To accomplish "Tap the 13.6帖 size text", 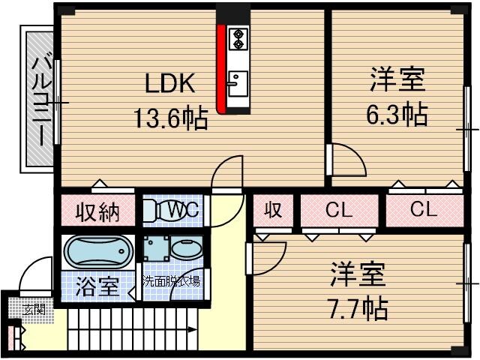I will click(x=170, y=118).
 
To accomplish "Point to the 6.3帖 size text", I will click(x=396, y=113).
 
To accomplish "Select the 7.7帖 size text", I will click(x=357, y=307).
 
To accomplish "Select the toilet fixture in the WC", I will click(x=154, y=211).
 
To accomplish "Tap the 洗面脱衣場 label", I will click(x=172, y=282).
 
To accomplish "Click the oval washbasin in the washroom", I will click(x=183, y=249).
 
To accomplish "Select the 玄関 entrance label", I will click(x=32, y=309).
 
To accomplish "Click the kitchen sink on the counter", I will click(x=238, y=80).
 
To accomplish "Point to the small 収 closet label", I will click(x=273, y=211).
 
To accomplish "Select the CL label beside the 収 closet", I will click(x=338, y=211).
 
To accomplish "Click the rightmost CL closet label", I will click(x=423, y=211).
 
